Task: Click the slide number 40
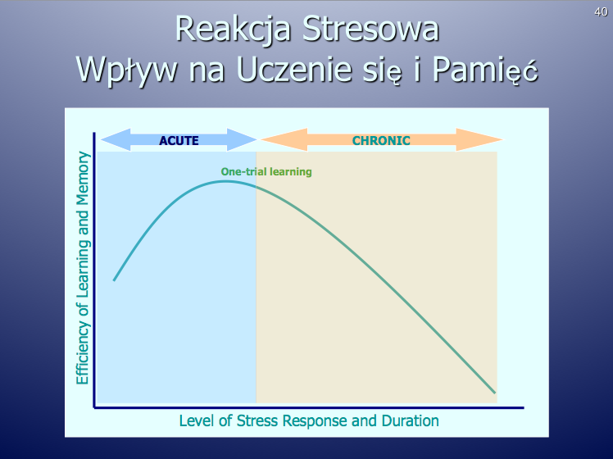tap(601, 12)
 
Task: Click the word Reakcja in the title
tap(233, 30)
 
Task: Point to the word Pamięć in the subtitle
tap(485, 70)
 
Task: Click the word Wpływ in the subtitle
tap(127, 70)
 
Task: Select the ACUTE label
tap(179, 140)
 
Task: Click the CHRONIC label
tap(381, 140)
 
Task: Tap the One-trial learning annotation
tap(266, 171)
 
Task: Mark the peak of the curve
tap(224, 181)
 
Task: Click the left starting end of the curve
tap(114, 280)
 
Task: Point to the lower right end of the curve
tap(494, 392)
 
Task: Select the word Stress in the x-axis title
tap(257, 421)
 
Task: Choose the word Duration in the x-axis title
tap(410, 421)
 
